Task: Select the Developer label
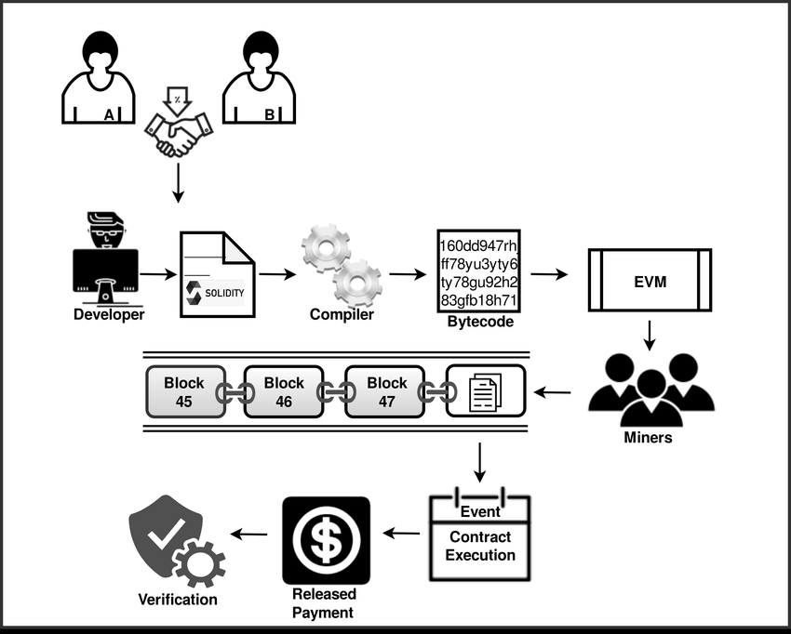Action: (110, 315)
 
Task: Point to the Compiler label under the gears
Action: (342, 314)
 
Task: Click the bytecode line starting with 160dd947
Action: (478, 244)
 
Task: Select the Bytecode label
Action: (479, 322)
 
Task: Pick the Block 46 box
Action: (284, 391)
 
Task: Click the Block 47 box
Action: (386, 391)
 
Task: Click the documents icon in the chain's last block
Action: (485, 391)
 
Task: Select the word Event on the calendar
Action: (480, 511)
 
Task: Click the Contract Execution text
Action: (480, 547)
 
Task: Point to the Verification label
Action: (178, 600)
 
